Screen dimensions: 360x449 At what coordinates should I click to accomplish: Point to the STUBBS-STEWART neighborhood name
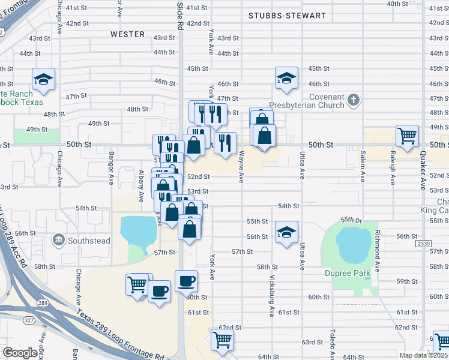[288, 16]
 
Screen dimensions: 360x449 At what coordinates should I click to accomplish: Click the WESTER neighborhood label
[128, 34]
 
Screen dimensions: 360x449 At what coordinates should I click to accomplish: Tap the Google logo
[20, 353]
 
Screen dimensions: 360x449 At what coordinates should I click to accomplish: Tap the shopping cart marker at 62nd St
[223, 340]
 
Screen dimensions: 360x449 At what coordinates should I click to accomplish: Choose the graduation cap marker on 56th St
[287, 232]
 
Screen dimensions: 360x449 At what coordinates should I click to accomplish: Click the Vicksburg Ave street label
[273, 296]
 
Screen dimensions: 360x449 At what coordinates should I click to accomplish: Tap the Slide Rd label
[180, 12]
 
